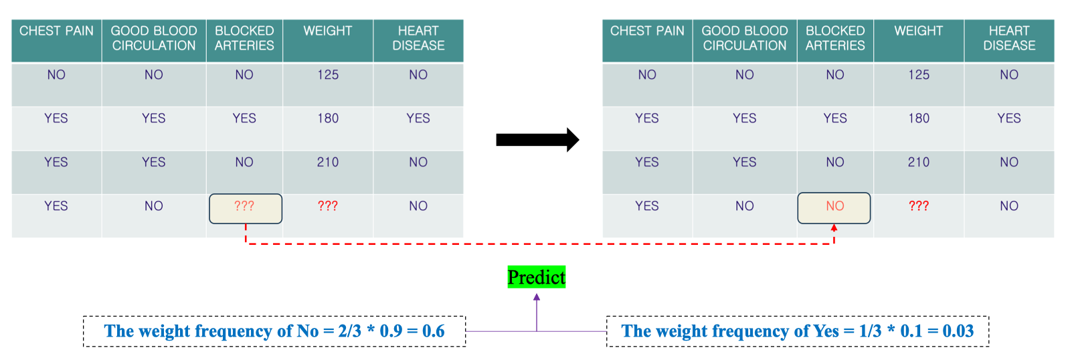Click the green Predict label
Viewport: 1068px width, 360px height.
pyautogui.click(x=537, y=277)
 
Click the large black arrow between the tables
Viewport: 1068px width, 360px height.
pyautogui.click(x=537, y=140)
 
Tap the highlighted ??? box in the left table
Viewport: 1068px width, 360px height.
pyautogui.click(x=246, y=208)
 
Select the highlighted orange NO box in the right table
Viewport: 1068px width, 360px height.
pyautogui.click(x=834, y=208)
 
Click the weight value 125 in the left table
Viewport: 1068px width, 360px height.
pyautogui.click(x=328, y=75)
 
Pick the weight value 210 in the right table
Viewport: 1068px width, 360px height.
pyautogui.click(x=919, y=162)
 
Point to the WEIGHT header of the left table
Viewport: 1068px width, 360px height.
pyautogui.click(x=328, y=31)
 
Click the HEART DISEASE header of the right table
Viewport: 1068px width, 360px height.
pyautogui.click(x=1009, y=38)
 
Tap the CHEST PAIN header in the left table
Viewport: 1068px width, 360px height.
pyautogui.click(x=56, y=31)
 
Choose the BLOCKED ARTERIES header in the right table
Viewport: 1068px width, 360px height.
pyautogui.click(x=835, y=38)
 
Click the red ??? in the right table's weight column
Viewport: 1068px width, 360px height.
pyautogui.click(x=919, y=206)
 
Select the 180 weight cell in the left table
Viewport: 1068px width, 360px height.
pyautogui.click(x=328, y=118)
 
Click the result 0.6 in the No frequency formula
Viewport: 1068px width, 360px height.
pyautogui.click(x=434, y=331)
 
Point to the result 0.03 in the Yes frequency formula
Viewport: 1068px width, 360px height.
pyautogui.click(x=958, y=331)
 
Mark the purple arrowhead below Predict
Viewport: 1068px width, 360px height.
pyautogui.click(x=537, y=297)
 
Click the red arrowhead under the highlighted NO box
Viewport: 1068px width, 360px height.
pyautogui.click(x=834, y=228)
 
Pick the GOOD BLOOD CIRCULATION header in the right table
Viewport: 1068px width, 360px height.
pyautogui.click(x=745, y=38)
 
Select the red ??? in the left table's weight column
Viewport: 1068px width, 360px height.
pyautogui.click(x=328, y=206)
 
